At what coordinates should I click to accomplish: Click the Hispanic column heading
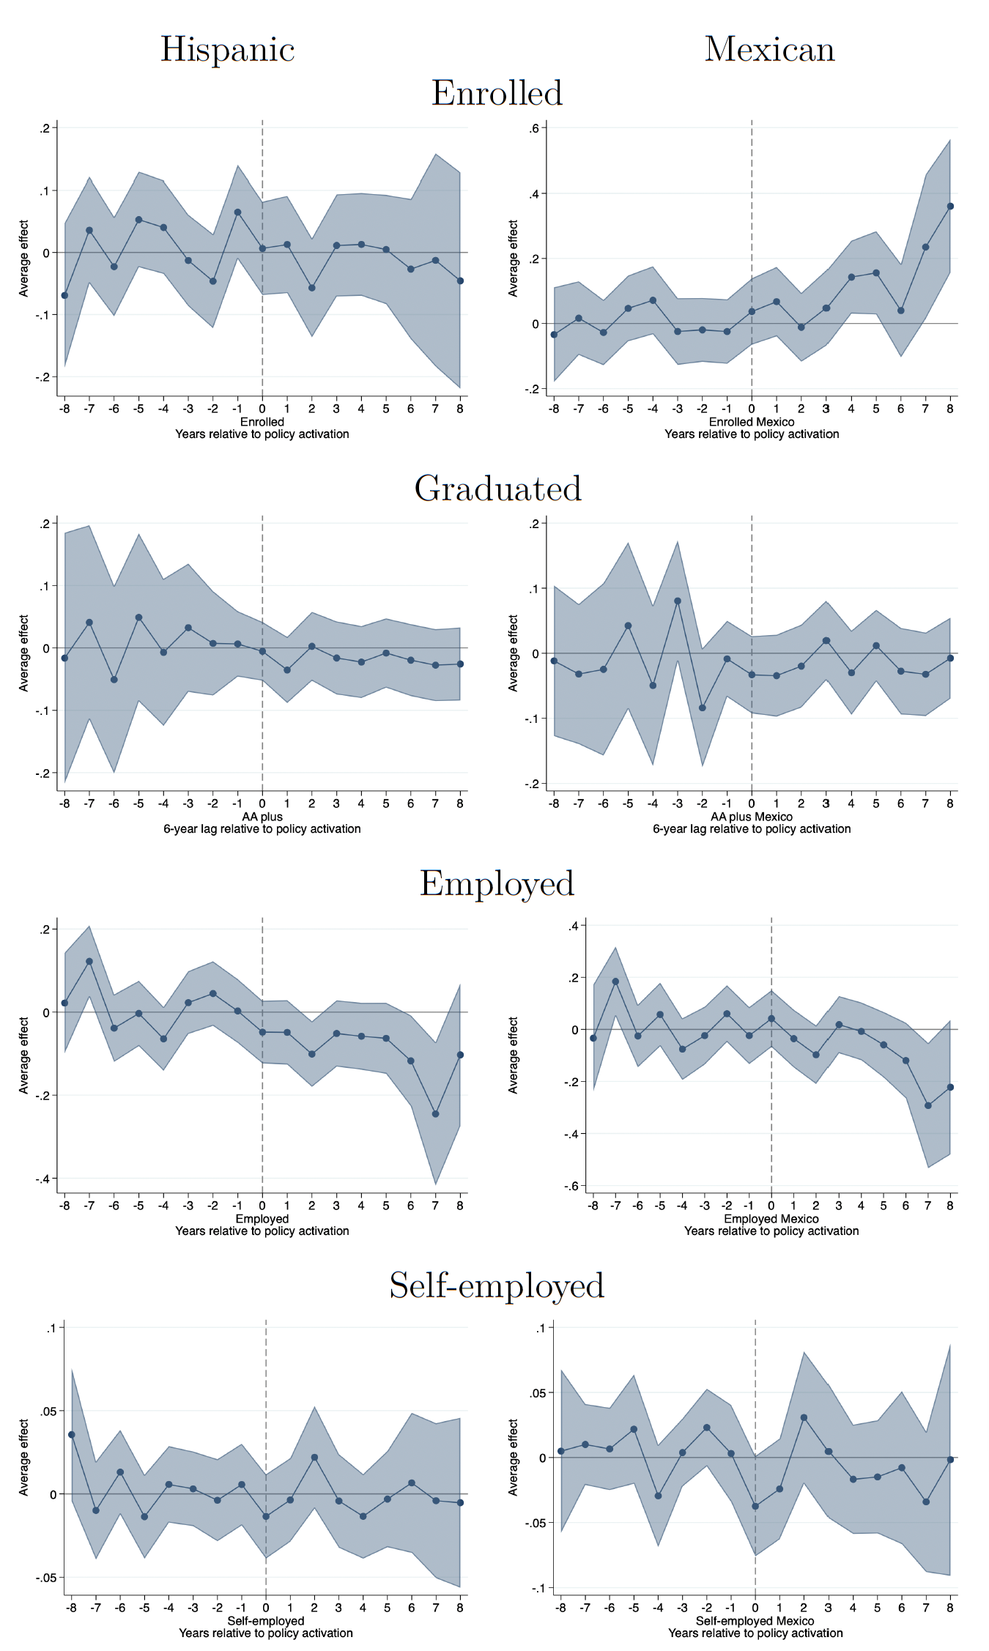[227, 50]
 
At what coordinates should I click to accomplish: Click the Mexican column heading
[769, 50]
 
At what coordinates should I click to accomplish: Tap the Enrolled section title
[497, 94]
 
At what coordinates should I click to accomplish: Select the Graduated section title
[497, 489]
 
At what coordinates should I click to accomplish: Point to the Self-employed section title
[497, 1285]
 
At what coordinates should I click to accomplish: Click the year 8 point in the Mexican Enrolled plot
[950, 207]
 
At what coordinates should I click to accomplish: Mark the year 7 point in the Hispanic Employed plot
[435, 1114]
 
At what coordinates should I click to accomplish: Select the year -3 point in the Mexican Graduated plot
[678, 601]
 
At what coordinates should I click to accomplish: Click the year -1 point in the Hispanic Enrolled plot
[237, 212]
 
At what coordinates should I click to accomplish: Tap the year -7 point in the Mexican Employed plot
[615, 982]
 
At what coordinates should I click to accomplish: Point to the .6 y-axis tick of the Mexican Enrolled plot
[534, 129]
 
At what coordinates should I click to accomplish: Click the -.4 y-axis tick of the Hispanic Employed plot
[44, 1179]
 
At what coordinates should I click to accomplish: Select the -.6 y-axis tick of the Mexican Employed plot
[571, 1186]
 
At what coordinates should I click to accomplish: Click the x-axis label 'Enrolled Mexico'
[751, 422]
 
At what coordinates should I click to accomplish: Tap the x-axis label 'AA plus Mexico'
[751, 817]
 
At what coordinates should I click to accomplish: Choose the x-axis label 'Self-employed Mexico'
[755, 1621]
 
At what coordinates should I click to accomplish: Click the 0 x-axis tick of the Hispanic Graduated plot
[262, 804]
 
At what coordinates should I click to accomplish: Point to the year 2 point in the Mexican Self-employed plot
[804, 1418]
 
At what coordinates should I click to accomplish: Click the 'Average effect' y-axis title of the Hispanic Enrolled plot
[23, 258]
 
